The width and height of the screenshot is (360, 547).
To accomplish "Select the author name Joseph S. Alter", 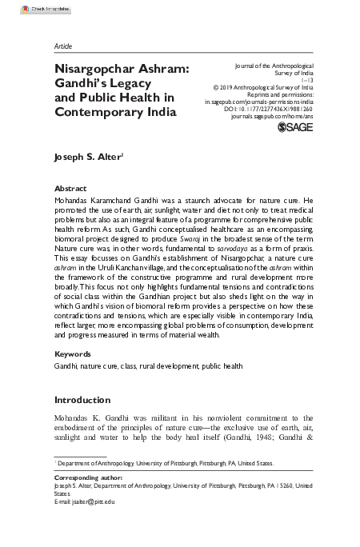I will (86, 158).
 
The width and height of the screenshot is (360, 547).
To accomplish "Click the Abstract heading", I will (70, 188).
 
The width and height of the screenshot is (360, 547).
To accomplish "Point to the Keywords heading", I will (72, 353).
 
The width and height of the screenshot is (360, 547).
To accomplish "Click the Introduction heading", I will (82, 399).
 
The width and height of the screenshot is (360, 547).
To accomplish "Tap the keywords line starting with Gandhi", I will (137, 365).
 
